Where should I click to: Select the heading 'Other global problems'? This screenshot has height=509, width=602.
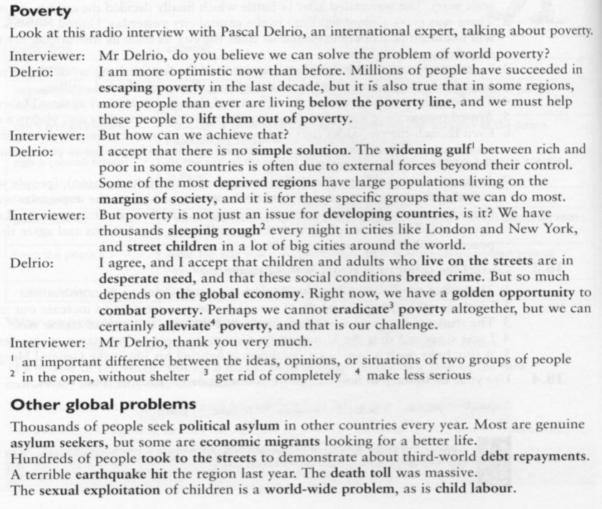pos(103,404)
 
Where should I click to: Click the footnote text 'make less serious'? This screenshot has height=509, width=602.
pos(413,374)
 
